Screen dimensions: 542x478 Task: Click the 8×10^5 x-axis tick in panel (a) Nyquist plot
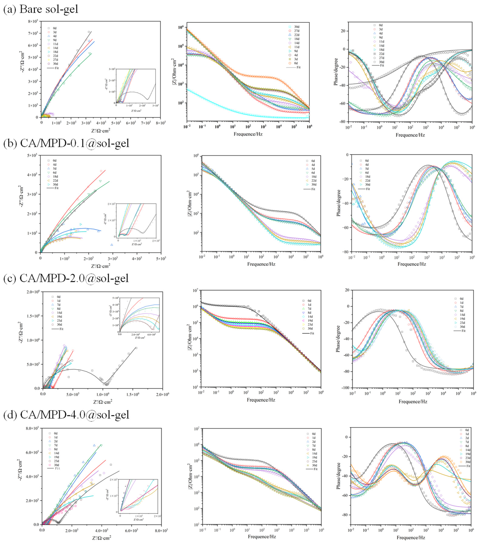coord(161,123)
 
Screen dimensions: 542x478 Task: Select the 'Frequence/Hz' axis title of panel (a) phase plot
coord(410,135)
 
